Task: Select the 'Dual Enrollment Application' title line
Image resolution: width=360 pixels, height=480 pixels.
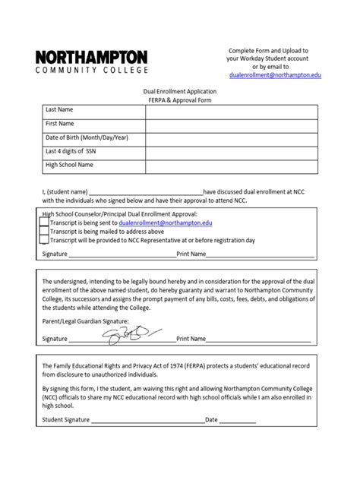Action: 180,90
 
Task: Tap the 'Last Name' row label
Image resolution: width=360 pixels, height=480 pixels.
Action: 60,110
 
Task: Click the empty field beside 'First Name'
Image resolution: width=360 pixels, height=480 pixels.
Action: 231,124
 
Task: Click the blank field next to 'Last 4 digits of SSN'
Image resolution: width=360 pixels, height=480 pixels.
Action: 231,151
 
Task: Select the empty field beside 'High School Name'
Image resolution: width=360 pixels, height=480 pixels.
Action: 231,165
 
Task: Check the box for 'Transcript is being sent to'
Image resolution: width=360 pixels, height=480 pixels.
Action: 43,224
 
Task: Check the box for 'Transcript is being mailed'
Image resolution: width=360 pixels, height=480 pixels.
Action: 43,232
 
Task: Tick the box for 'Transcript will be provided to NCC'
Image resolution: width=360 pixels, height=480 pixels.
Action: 43,240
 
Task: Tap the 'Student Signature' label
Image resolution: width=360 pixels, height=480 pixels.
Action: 66,419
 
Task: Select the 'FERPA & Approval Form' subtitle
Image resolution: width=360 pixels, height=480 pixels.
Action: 180,99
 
